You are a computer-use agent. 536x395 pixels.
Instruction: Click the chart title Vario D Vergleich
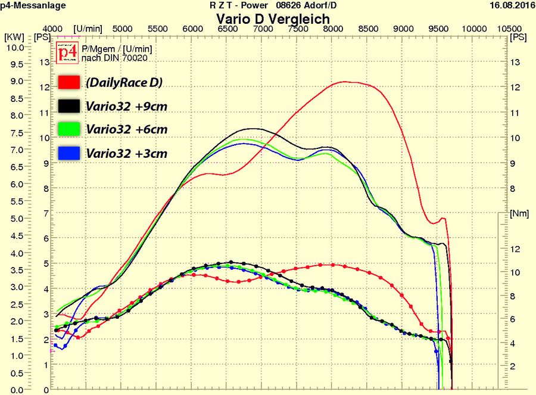pyautogui.click(x=273, y=18)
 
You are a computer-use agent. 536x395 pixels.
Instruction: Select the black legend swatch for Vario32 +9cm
pyautogui.click(x=69, y=106)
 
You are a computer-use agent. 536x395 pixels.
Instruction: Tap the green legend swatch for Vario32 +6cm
pyautogui.click(x=69, y=129)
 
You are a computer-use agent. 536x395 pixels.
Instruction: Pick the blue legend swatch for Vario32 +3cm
pyautogui.click(x=69, y=153)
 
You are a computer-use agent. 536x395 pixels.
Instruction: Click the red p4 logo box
pyautogui.click(x=66, y=53)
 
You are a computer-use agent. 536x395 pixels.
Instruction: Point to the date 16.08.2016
pyautogui.click(x=510, y=5)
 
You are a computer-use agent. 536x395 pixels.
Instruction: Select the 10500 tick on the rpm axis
pyautogui.click(x=508, y=29)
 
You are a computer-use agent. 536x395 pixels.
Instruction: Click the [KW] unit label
pyautogui.click(x=14, y=37)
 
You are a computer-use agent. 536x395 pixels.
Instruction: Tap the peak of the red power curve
pyautogui.click(x=345, y=82)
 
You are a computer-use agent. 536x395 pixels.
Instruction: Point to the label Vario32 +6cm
pyautogui.click(x=126, y=129)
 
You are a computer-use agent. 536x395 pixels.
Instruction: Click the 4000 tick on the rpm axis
pyautogui.click(x=53, y=29)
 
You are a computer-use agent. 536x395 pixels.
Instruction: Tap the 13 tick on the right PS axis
pyautogui.click(x=515, y=62)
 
